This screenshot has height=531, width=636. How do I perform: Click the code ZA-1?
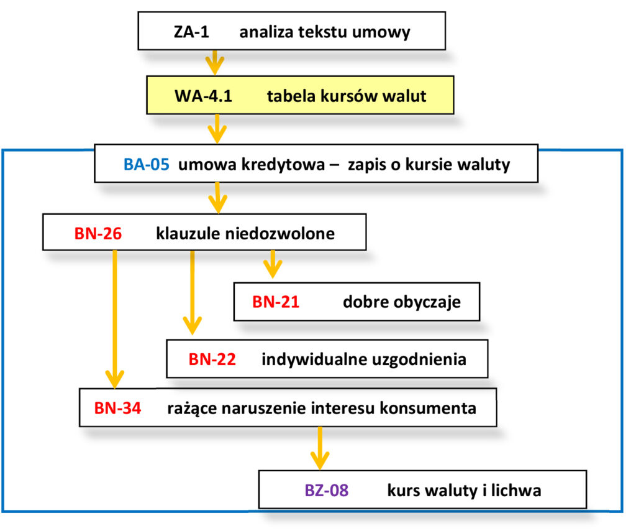pyautogui.click(x=191, y=32)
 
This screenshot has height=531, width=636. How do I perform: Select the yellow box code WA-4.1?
pyautogui.click(x=203, y=96)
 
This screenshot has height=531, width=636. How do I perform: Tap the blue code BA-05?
pyautogui.click(x=146, y=165)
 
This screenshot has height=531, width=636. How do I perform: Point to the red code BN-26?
pyautogui.click(x=98, y=233)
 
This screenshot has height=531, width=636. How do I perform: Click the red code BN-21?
pyautogui.click(x=276, y=303)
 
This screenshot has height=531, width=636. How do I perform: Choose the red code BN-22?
pyautogui.click(x=212, y=359)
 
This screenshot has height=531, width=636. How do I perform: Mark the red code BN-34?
pyautogui.click(x=117, y=409)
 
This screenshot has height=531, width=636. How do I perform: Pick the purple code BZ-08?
pyautogui.click(x=327, y=491)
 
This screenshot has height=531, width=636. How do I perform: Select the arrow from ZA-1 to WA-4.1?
pyautogui.click(x=215, y=62)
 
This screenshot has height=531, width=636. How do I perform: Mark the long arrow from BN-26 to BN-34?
pyautogui.click(x=115, y=317)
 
